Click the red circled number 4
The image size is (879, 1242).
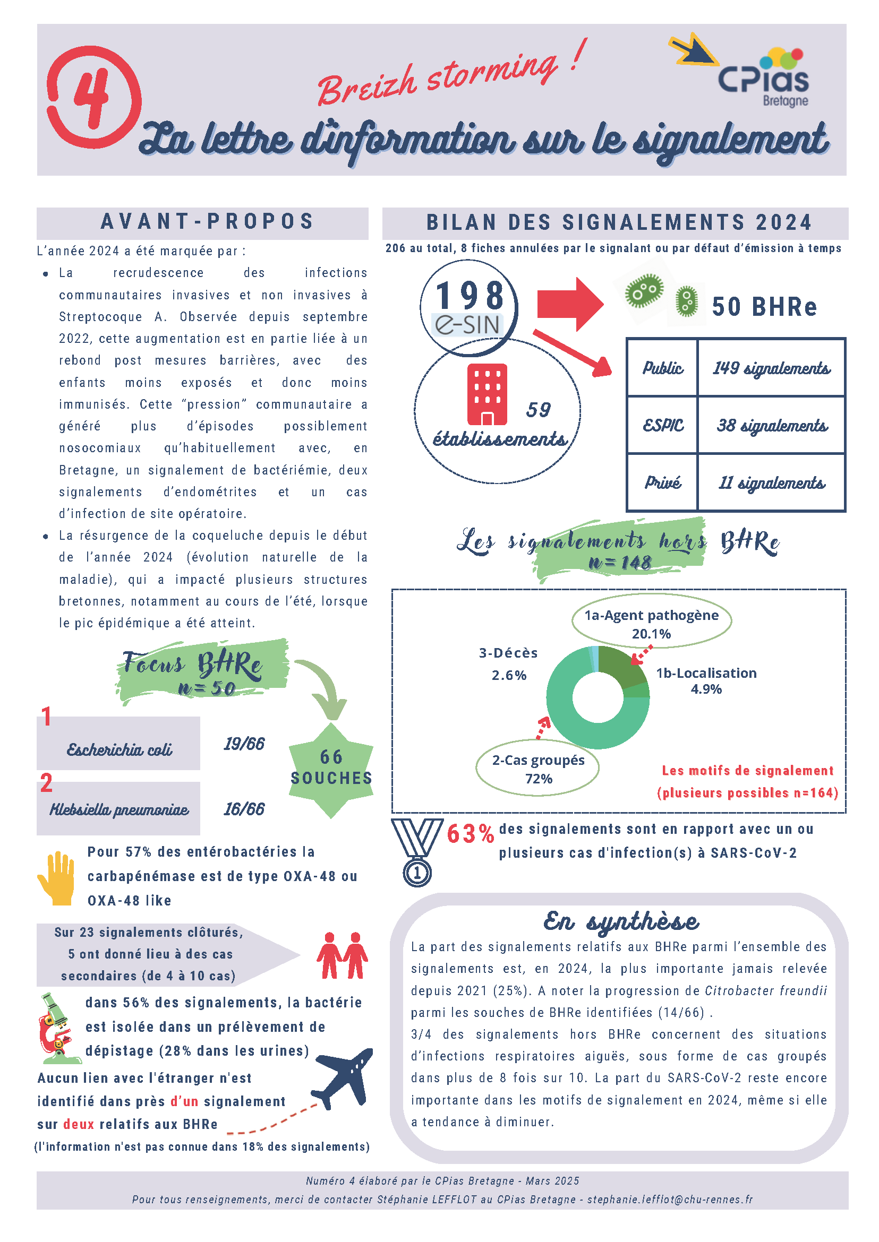[x=93, y=97]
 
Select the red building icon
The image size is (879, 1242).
[x=487, y=394]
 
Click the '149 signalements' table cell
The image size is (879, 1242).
[x=771, y=368]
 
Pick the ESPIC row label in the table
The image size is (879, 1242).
[x=662, y=425]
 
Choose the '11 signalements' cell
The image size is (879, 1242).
[x=771, y=482]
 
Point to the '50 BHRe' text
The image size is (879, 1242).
[x=764, y=307]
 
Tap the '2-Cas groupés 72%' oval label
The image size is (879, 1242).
[x=538, y=769]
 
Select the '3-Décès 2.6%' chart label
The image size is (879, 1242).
[x=508, y=664]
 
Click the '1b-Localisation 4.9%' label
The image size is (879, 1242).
[x=706, y=680]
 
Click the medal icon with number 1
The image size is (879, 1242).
[x=417, y=852]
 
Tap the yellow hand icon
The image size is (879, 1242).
[x=56, y=878]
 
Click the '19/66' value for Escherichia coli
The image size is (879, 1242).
[x=244, y=744]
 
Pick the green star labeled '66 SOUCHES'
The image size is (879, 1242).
[x=331, y=767]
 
